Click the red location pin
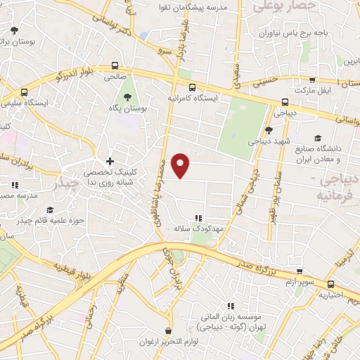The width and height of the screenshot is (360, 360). click(x=181, y=166)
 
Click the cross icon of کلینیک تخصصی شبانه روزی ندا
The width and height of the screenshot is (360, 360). click(x=110, y=161)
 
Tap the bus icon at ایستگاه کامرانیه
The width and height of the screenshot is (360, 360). click(x=172, y=88)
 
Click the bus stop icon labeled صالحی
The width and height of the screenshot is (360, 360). click(x=115, y=67)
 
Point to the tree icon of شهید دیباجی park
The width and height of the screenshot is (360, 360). click(x=269, y=130)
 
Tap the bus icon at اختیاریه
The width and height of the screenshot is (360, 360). click(x=330, y=285)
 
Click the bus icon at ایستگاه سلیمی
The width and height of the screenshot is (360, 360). click(x=25, y=92)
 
